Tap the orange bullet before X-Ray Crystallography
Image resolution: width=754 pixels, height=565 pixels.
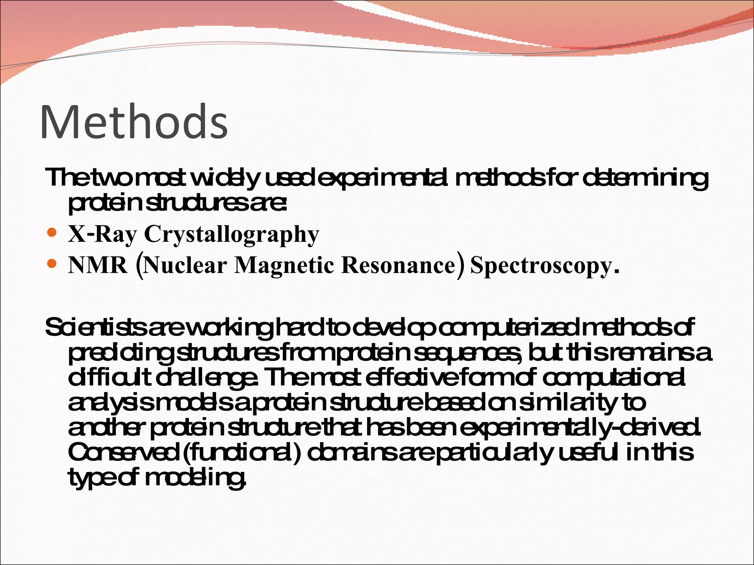53,233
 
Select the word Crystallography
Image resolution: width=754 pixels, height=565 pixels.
232,234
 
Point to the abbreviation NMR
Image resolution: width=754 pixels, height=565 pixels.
98,265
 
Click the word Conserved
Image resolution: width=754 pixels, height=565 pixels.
123,453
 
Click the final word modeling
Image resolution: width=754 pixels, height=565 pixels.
195,479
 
